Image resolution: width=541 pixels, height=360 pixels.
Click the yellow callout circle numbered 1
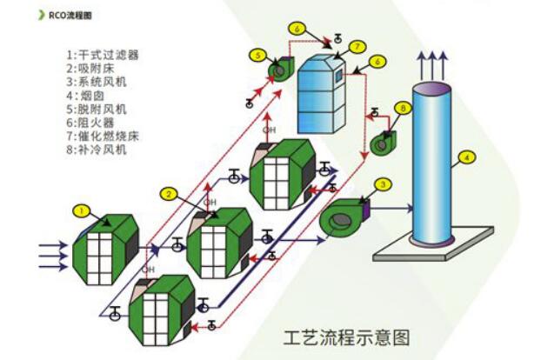[81, 210]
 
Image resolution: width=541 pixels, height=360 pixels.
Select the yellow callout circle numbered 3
[384, 183]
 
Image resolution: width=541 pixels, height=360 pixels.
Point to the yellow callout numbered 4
[467, 157]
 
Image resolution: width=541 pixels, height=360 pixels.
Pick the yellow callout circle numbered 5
[258, 55]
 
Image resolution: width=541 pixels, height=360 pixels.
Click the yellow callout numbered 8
[403, 108]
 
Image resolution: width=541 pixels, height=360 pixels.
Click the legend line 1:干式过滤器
[103, 54]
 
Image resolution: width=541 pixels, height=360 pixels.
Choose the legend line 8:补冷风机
[97, 150]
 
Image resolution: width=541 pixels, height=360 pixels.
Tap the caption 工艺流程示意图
[347, 335]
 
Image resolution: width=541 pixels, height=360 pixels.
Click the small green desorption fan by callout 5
[282, 69]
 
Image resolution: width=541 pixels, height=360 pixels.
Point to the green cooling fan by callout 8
[384, 142]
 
